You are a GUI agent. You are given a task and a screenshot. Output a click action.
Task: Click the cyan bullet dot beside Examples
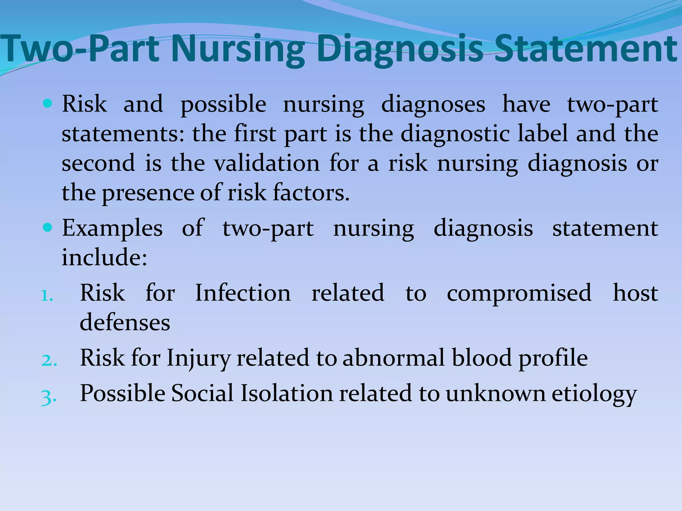[48, 228]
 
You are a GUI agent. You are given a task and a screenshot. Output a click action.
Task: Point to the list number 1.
[47, 295]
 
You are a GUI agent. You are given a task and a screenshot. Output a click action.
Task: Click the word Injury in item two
[198, 359]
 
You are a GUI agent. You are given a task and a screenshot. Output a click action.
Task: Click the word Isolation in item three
[287, 393]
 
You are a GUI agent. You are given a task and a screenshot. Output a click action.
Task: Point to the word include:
[104, 257]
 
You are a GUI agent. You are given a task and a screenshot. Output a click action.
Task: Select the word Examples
[112, 229]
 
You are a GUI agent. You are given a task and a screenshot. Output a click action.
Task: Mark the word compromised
[519, 294]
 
